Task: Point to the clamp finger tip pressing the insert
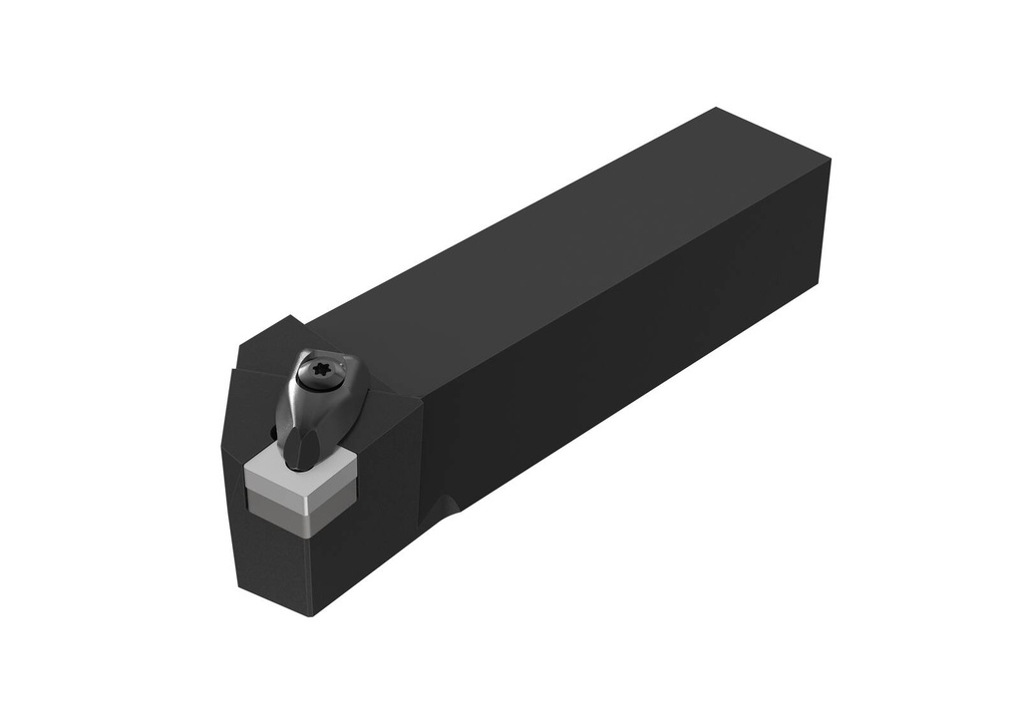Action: [x=296, y=453]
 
